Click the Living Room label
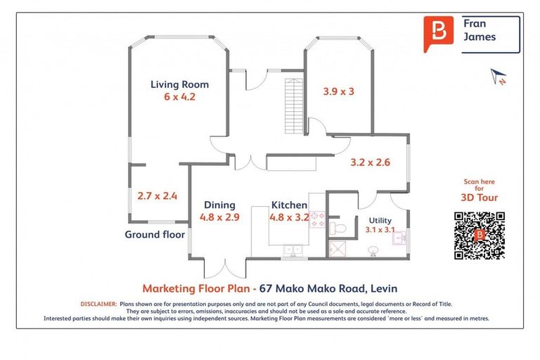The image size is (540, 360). click(179, 84)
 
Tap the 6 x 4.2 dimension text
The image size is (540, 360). click(179, 97)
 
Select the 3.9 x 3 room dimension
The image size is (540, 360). click(338, 91)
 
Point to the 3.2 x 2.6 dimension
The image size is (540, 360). click(370, 162)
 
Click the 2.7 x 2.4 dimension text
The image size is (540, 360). click(157, 196)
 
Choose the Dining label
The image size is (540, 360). click(219, 205)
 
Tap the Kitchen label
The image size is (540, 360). click(289, 205)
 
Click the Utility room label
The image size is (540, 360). click(380, 219)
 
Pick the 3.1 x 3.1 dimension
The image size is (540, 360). click(380, 229)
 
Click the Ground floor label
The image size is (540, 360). click(155, 234)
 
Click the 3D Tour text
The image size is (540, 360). click(480, 198)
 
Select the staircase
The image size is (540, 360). click(292, 106)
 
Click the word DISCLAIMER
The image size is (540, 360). click(98, 304)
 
